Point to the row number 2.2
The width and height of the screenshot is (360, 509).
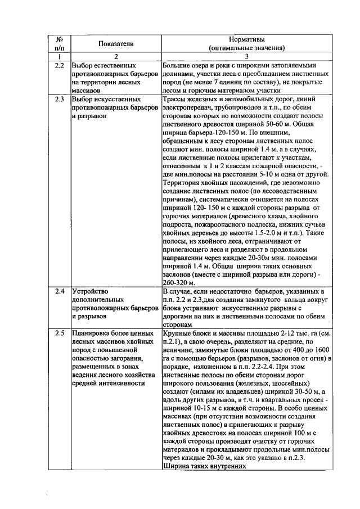click(59, 66)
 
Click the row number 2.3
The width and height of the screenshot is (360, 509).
click(59, 100)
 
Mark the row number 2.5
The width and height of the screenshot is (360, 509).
click(59, 334)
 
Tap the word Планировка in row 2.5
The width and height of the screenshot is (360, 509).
click(92, 334)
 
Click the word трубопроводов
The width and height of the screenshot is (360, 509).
click(240, 108)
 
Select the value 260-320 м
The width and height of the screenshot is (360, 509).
click(178, 282)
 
